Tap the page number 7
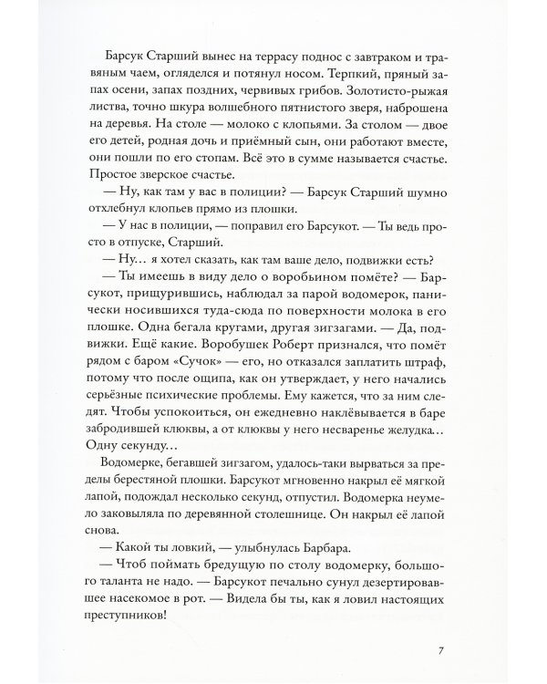tap(440, 651)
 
